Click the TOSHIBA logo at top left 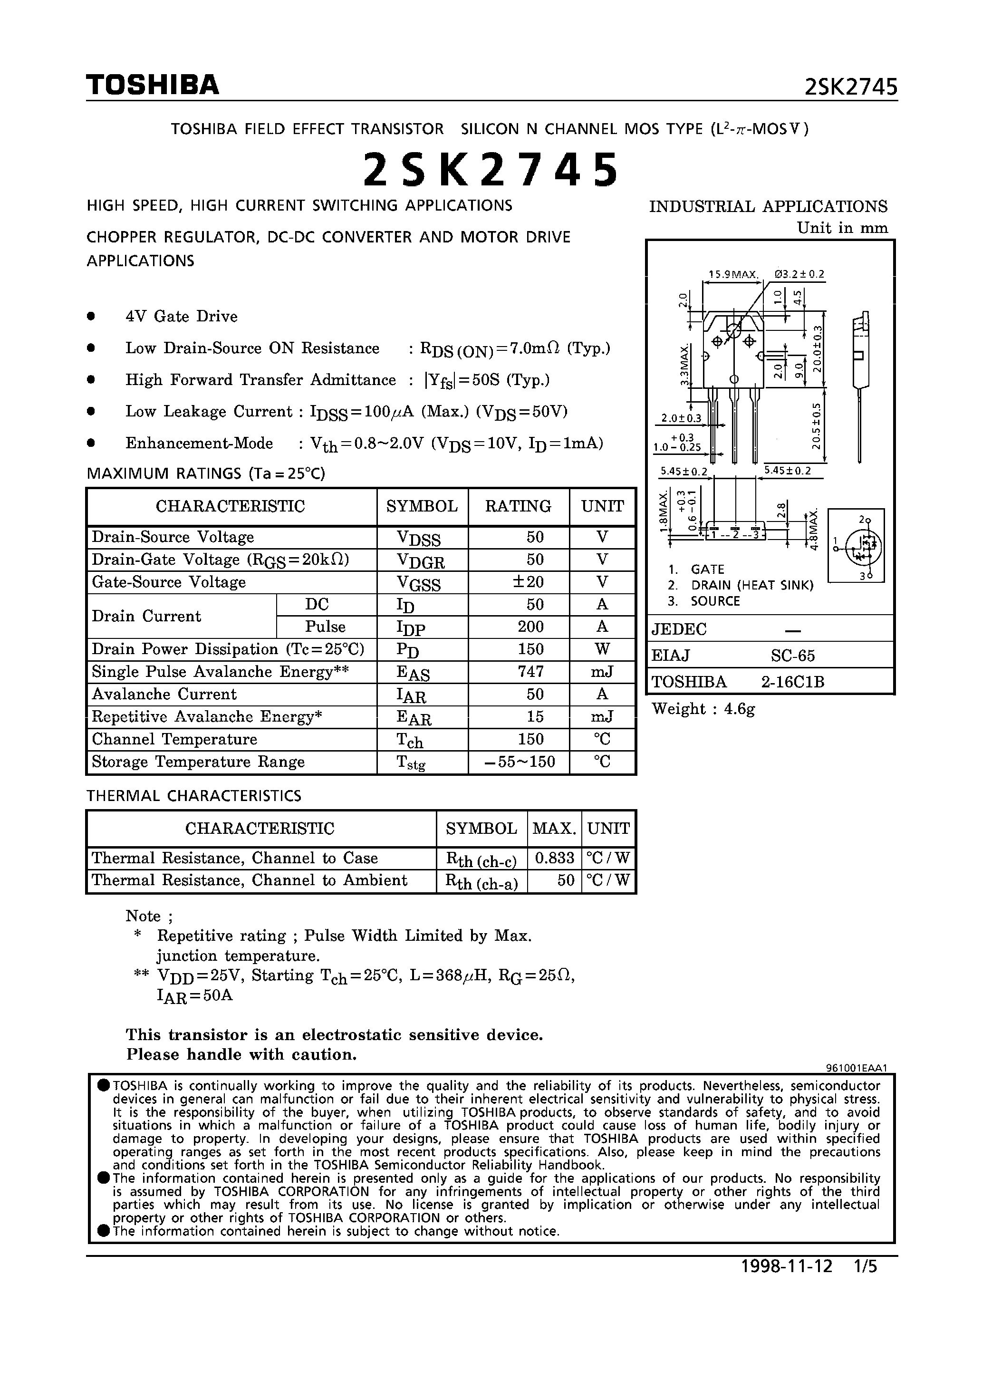[x=153, y=85]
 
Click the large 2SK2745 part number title [x=491, y=170]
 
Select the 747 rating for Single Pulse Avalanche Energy [x=530, y=671]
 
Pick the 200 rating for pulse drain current [x=530, y=627]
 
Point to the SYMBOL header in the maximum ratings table [x=422, y=506]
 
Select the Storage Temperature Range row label [x=198, y=762]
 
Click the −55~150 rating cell [x=520, y=762]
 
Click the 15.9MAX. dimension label [x=733, y=274]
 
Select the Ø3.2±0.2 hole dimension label [x=799, y=274]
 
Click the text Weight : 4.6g [x=703, y=709]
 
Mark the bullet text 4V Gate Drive [x=181, y=317]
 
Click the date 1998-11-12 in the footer [x=787, y=1266]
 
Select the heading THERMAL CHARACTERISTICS [x=194, y=795]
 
